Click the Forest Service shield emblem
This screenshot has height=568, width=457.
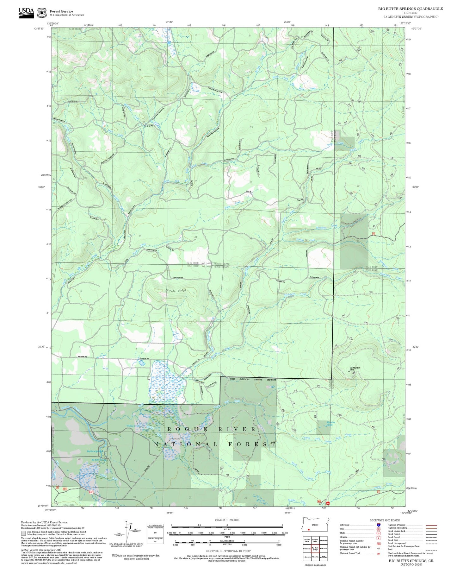pyautogui.click(x=42, y=13)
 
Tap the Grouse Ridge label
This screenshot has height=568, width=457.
pyautogui.click(x=176, y=290)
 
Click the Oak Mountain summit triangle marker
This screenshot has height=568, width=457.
pyautogui.click(x=349, y=370)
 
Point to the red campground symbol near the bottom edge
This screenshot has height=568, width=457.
pyautogui.click(x=328, y=502)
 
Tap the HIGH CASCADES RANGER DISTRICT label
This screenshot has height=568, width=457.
pyautogui.click(x=253, y=379)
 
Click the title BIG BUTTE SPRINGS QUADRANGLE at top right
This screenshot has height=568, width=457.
pyautogui.click(x=410, y=9)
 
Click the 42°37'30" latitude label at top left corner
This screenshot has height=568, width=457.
pyautogui.click(x=39, y=28)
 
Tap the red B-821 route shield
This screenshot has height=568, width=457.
pyautogui.click(x=91, y=492)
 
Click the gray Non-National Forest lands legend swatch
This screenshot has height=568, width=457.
pyautogui.click(x=23, y=533)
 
